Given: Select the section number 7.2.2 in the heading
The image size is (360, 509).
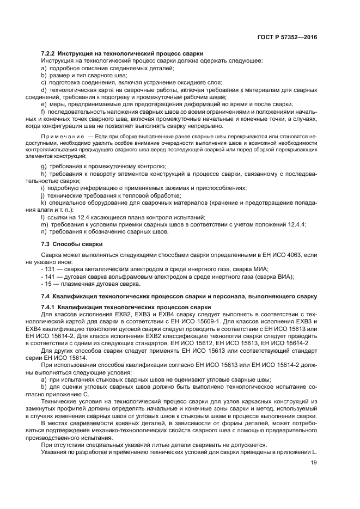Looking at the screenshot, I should pyautogui.click(x=50, y=53).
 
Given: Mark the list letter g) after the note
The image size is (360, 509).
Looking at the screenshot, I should pyautogui.click(x=44, y=165).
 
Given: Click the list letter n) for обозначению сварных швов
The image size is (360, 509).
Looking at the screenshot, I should pyautogui.click(x=44, y=231).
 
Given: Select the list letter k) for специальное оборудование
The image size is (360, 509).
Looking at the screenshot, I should pyautogui.click(x=44, y=203).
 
